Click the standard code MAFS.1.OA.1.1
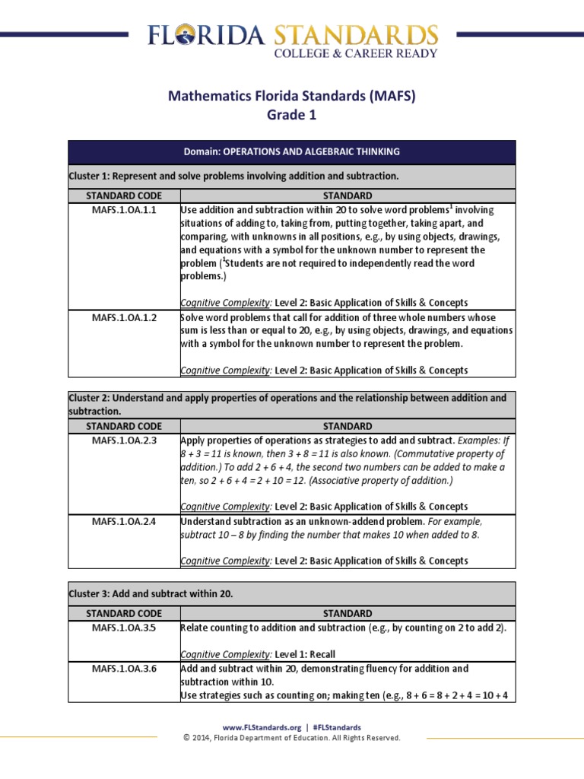point(124,210)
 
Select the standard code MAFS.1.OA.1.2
point(124,317)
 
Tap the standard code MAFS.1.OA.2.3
point(124,440)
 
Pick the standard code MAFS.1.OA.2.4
point(124,521)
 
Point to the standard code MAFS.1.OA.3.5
point(124,628)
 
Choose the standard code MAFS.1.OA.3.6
point(124,668)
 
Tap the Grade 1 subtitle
point(290,115)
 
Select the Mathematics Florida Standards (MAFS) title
point(291,96)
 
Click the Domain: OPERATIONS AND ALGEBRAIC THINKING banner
point(291,152)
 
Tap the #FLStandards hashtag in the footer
point(336,727)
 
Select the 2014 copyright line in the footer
point(292,738)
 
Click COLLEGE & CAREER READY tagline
point(355,53)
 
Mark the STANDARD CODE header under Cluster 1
point(124,195)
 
